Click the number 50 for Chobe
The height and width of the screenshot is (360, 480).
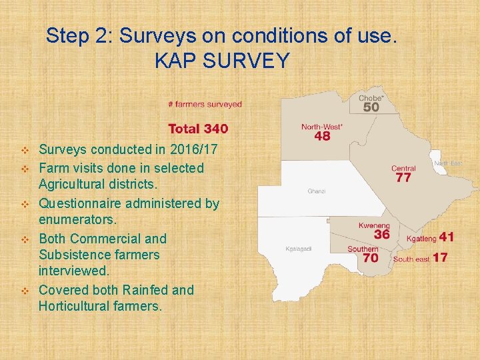tap(371, 107)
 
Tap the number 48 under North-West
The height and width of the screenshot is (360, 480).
tap(322, 136)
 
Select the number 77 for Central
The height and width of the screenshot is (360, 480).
tap(403, 178)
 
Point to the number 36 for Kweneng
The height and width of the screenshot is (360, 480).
tap(381, 235)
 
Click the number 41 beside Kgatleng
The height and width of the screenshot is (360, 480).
tap(447, 237)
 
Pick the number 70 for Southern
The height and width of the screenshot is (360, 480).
tap(371, 258)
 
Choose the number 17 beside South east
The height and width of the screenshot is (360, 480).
tap(440, 257)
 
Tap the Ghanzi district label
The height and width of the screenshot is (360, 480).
tap(317, 191)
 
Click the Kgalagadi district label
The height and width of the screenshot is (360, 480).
tap(299, 249)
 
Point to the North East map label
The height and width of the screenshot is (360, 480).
tap(448, 163)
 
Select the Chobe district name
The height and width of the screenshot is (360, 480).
tap(371, 98)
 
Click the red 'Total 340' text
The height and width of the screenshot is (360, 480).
tap(198, 129)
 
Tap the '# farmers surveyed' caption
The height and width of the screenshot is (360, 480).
tap(205, 104)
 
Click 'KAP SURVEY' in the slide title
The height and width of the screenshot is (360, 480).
tap(222, 61)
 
